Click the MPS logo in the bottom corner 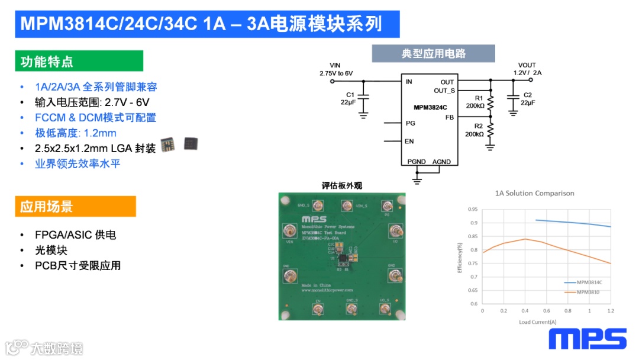(587, 339)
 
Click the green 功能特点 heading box (79, 62)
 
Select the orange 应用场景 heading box (75, 207)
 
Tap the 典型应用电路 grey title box (433, 54)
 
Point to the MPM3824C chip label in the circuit (430, 107)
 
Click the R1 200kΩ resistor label (475, 102)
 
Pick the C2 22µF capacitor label (527, 99)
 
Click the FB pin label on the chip (450, 118)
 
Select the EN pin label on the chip (409, 141)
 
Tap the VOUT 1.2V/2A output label (527, 69)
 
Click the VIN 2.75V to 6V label (335, 69)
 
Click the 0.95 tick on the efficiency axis (473, 209)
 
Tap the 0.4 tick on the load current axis (525, 310)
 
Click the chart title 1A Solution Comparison (534, 193)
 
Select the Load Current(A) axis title (538, 322)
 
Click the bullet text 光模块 (51, 250)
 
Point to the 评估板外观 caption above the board (341, 185)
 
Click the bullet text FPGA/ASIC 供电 (75, 235)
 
